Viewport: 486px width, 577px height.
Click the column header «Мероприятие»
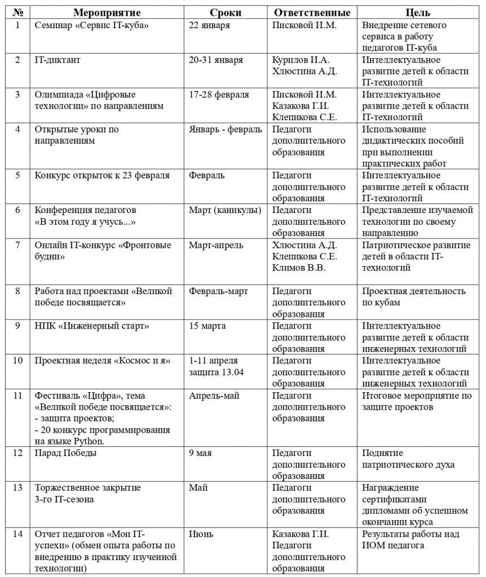click(x=107, y=12)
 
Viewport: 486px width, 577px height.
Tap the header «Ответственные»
click(x=312, y=12)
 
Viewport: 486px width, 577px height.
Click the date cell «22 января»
click(x=210, y=25)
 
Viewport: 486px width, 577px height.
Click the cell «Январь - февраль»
click(x=226, y=130)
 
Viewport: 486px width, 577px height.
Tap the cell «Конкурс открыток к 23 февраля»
click(x=102, y=175)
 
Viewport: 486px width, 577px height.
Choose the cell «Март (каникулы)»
click(x=225, y=210)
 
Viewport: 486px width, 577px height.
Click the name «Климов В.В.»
click(x=298, y=268)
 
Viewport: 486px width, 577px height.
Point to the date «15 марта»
click(x=207, y=326)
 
